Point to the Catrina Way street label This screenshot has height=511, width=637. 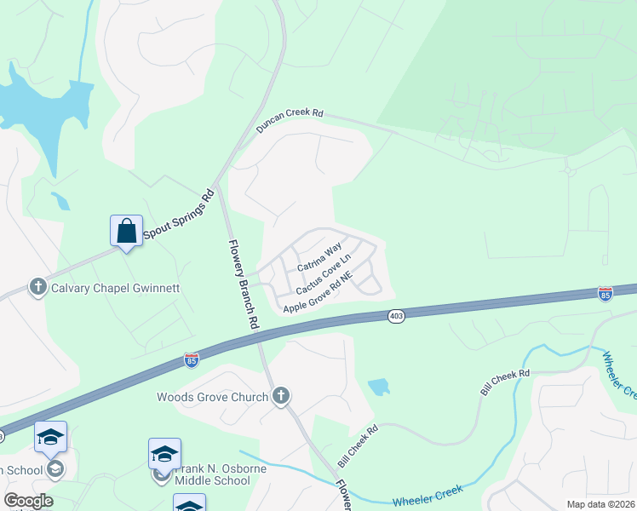point(319,259)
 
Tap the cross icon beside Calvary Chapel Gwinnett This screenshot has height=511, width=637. point(38,287)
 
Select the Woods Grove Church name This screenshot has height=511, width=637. point(212,396)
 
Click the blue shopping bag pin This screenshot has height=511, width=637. point(126,231)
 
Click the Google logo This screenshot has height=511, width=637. point(27,501)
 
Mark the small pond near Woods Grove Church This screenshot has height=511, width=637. point(378,388)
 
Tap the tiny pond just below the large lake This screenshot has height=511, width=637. point(60,201)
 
